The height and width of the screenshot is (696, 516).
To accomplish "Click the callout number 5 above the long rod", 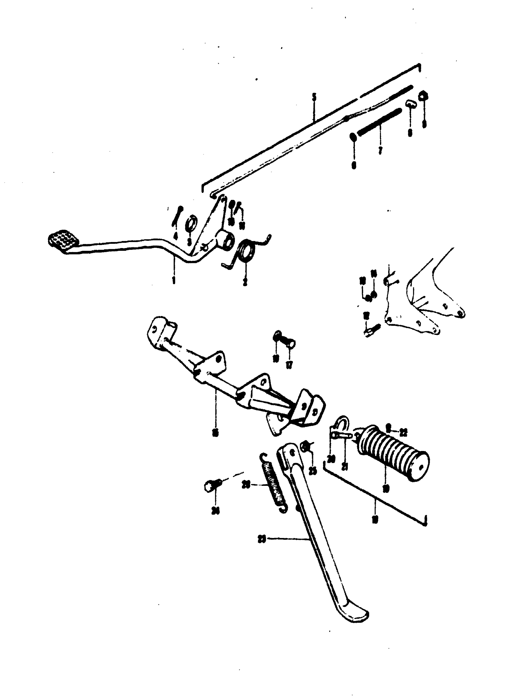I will pos(314,98).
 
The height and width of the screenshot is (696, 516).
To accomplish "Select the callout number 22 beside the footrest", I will pos(403,432).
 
